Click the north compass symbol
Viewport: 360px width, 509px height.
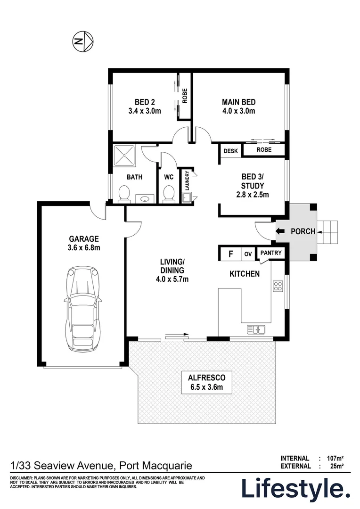coord(84,42)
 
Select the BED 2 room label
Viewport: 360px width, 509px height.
coord(145,102)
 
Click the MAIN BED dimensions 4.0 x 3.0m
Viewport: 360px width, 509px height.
coord(239,111)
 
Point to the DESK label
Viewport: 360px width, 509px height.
coord(230,151)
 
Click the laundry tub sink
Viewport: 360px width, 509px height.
coord(187,198)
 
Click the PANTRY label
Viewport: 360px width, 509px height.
coord(270,253)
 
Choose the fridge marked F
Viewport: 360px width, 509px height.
coord(230,254)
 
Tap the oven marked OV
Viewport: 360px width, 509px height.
coord(248,254)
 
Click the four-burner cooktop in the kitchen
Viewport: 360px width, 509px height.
coord(278,287)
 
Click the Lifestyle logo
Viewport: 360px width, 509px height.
coord(296,488)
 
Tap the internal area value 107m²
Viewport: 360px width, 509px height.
coord(335,458)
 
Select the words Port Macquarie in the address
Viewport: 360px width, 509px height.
coord(155,466)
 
